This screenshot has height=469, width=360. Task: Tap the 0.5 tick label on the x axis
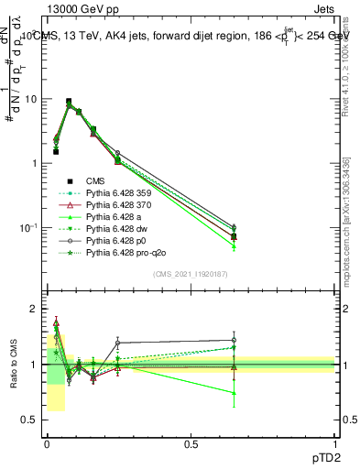(191, 443)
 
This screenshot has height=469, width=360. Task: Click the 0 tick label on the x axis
(46, 443)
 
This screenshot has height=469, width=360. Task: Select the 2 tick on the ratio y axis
(32, 310)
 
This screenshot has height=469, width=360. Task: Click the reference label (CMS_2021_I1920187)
(191, 274)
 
